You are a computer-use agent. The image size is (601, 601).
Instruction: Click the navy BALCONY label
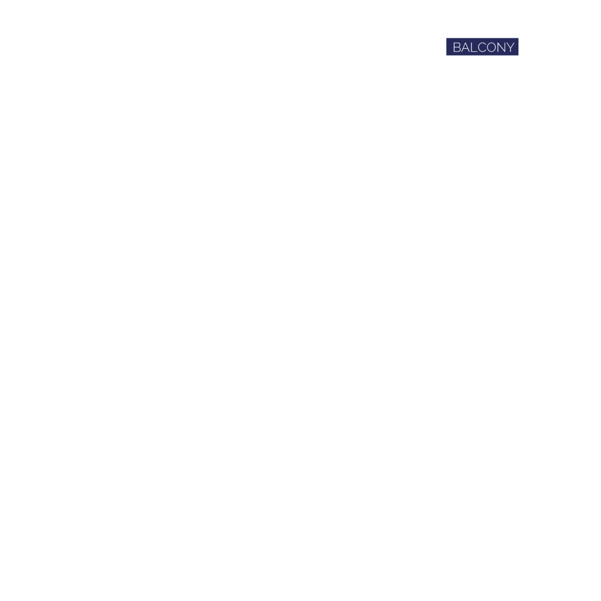click(482, 47)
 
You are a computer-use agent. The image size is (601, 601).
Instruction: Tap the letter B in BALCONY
click(457, 48)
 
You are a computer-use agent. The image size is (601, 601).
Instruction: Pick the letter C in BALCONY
click(482, 48)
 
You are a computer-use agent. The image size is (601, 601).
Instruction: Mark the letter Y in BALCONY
click(510, 48)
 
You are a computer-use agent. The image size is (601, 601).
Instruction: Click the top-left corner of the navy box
click(446, 39)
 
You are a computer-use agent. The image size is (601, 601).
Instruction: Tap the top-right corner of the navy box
click(518, 39)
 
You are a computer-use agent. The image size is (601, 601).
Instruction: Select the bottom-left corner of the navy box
click(446, 55)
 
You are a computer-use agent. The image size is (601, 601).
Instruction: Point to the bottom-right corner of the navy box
click(518, 55)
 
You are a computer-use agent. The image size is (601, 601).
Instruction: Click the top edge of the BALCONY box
click(482, 39)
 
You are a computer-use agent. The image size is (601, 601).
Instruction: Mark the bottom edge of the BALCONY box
click(482, 55)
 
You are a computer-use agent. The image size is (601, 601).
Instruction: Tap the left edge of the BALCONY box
click(446, 47)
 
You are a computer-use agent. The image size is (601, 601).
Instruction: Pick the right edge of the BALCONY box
click(518, 47)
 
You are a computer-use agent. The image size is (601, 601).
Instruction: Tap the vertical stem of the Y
click(510, 50)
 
